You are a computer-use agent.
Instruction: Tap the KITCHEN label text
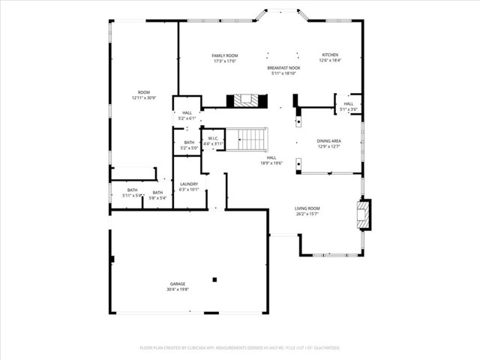331,55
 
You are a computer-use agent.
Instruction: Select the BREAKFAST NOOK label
282,68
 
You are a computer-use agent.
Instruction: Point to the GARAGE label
177,283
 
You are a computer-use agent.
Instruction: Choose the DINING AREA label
329,141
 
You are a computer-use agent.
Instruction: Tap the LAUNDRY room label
189,184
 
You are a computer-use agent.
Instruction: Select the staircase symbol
248,139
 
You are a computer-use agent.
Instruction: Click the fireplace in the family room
247,100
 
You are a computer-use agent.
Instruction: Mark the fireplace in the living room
363,214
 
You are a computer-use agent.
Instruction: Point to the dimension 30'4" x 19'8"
177,289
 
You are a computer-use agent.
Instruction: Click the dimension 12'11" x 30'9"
143,98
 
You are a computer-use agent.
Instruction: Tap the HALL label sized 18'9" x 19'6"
271,157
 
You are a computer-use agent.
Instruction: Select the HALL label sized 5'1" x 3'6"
349,104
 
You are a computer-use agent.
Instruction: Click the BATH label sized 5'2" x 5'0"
189,142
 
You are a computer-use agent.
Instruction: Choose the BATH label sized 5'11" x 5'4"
133,190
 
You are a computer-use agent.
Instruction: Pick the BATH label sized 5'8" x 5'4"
157,193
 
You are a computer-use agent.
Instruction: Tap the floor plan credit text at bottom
240,348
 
